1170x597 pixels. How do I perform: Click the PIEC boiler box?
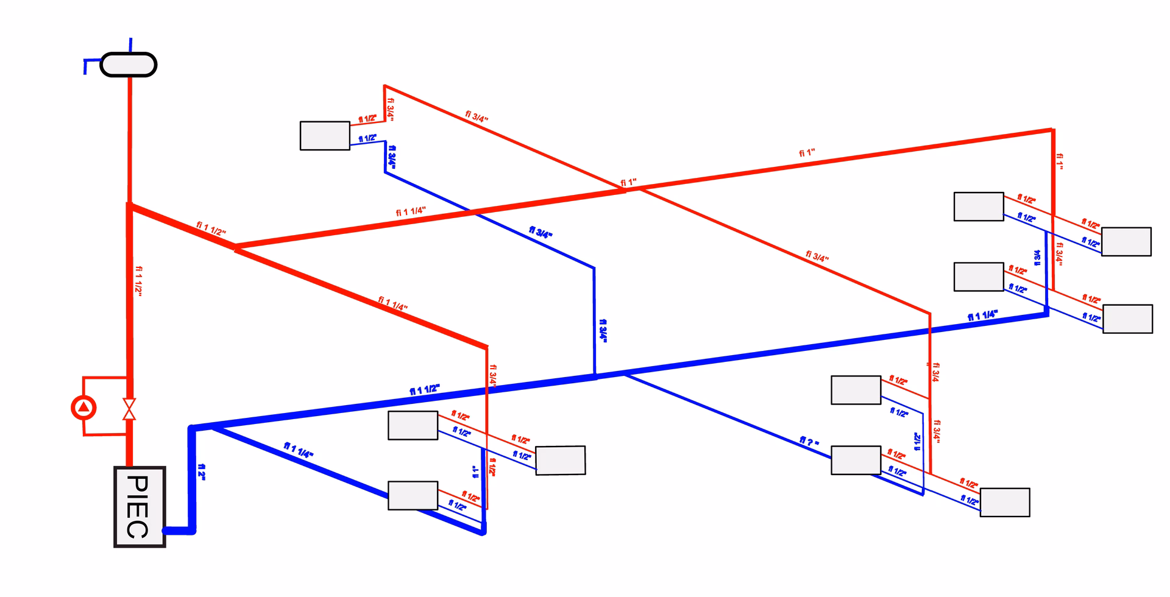pyautogui.click(x=140, y=507)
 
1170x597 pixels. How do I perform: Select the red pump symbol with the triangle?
pyautogui.click(x=83, y=408)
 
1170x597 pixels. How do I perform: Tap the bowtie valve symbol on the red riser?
pyautogui.click(x=129, y=409)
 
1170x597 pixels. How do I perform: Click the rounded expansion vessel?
pyautogui.click(x=128, y=65)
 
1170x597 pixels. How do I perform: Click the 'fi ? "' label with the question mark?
pyautogui.click(x=809, y=442)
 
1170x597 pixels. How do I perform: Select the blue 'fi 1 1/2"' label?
pyautogui.click(x=425, y=390)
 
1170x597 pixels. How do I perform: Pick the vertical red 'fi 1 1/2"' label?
pyautogui.click(x=140, y=281)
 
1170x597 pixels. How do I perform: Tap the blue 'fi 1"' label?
pyautogui.click(x=476, y=472)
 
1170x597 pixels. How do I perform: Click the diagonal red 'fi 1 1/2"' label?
pyautogui.click(x=211, y=229)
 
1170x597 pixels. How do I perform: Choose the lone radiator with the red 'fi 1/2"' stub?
pyautogui.click(x=325, y=135)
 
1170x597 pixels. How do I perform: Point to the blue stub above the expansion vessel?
pyautogui.click(x=130, y=45)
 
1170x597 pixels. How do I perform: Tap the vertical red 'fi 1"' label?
pyautogui.click(x=1060, y=161)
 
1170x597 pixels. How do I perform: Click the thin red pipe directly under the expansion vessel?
pyautogui.click(x=129, y=140)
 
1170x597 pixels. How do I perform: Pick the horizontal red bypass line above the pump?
pyautogui.click(x=105, y=378)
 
